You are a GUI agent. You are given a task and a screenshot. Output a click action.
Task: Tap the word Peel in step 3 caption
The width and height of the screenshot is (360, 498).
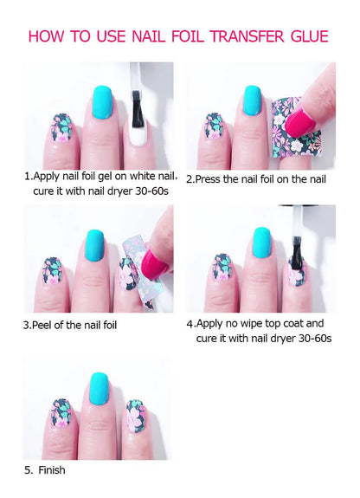[x=42, y=325]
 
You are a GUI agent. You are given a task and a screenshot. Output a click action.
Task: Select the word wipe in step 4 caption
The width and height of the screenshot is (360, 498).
[x=256, y=325]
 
